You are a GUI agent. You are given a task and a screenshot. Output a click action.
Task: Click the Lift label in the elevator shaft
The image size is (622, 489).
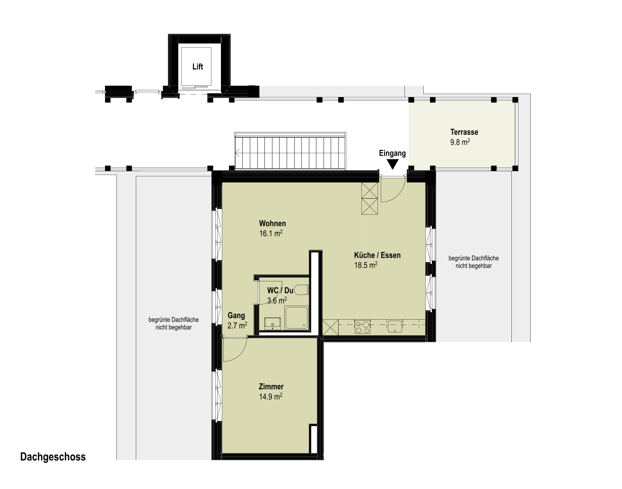tap(198, 67)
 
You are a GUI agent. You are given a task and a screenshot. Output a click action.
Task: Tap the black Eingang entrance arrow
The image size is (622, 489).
tap(393, 165)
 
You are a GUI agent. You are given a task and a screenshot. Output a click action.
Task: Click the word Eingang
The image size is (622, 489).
tap(392, 153)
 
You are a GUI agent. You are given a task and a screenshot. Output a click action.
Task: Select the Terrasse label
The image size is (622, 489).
tap(464, 132)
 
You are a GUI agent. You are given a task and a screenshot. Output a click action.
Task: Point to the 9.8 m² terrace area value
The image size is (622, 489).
tap(460, 142)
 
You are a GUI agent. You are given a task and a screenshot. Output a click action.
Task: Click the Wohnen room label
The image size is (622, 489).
tap(272, 223)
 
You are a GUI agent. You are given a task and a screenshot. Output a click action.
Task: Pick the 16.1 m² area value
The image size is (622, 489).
tap(271, 233)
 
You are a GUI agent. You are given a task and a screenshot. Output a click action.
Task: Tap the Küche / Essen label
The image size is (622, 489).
tap(377, 255)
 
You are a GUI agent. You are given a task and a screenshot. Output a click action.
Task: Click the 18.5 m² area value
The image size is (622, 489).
tap(366, 265)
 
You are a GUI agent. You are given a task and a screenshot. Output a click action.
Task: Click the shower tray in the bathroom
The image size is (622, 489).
tap(296, 318)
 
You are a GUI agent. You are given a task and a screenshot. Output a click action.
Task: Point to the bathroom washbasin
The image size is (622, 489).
tap(272, 323)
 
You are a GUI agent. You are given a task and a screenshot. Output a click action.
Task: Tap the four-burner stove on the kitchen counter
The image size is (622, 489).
tap(362, 327)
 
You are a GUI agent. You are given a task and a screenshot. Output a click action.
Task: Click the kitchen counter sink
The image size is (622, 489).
tap(395, 327)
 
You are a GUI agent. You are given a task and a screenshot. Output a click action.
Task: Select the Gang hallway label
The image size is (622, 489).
tap(236, 315)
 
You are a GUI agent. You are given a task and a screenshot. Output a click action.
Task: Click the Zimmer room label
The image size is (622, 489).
tap(271, 386)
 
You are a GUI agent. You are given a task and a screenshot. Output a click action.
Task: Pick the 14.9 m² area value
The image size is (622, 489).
tap(271, 396)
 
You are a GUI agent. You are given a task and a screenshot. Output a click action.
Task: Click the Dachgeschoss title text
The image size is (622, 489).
tap(53, 457)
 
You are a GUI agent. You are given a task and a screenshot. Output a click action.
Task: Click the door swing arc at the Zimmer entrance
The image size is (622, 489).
tap(240, 354)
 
